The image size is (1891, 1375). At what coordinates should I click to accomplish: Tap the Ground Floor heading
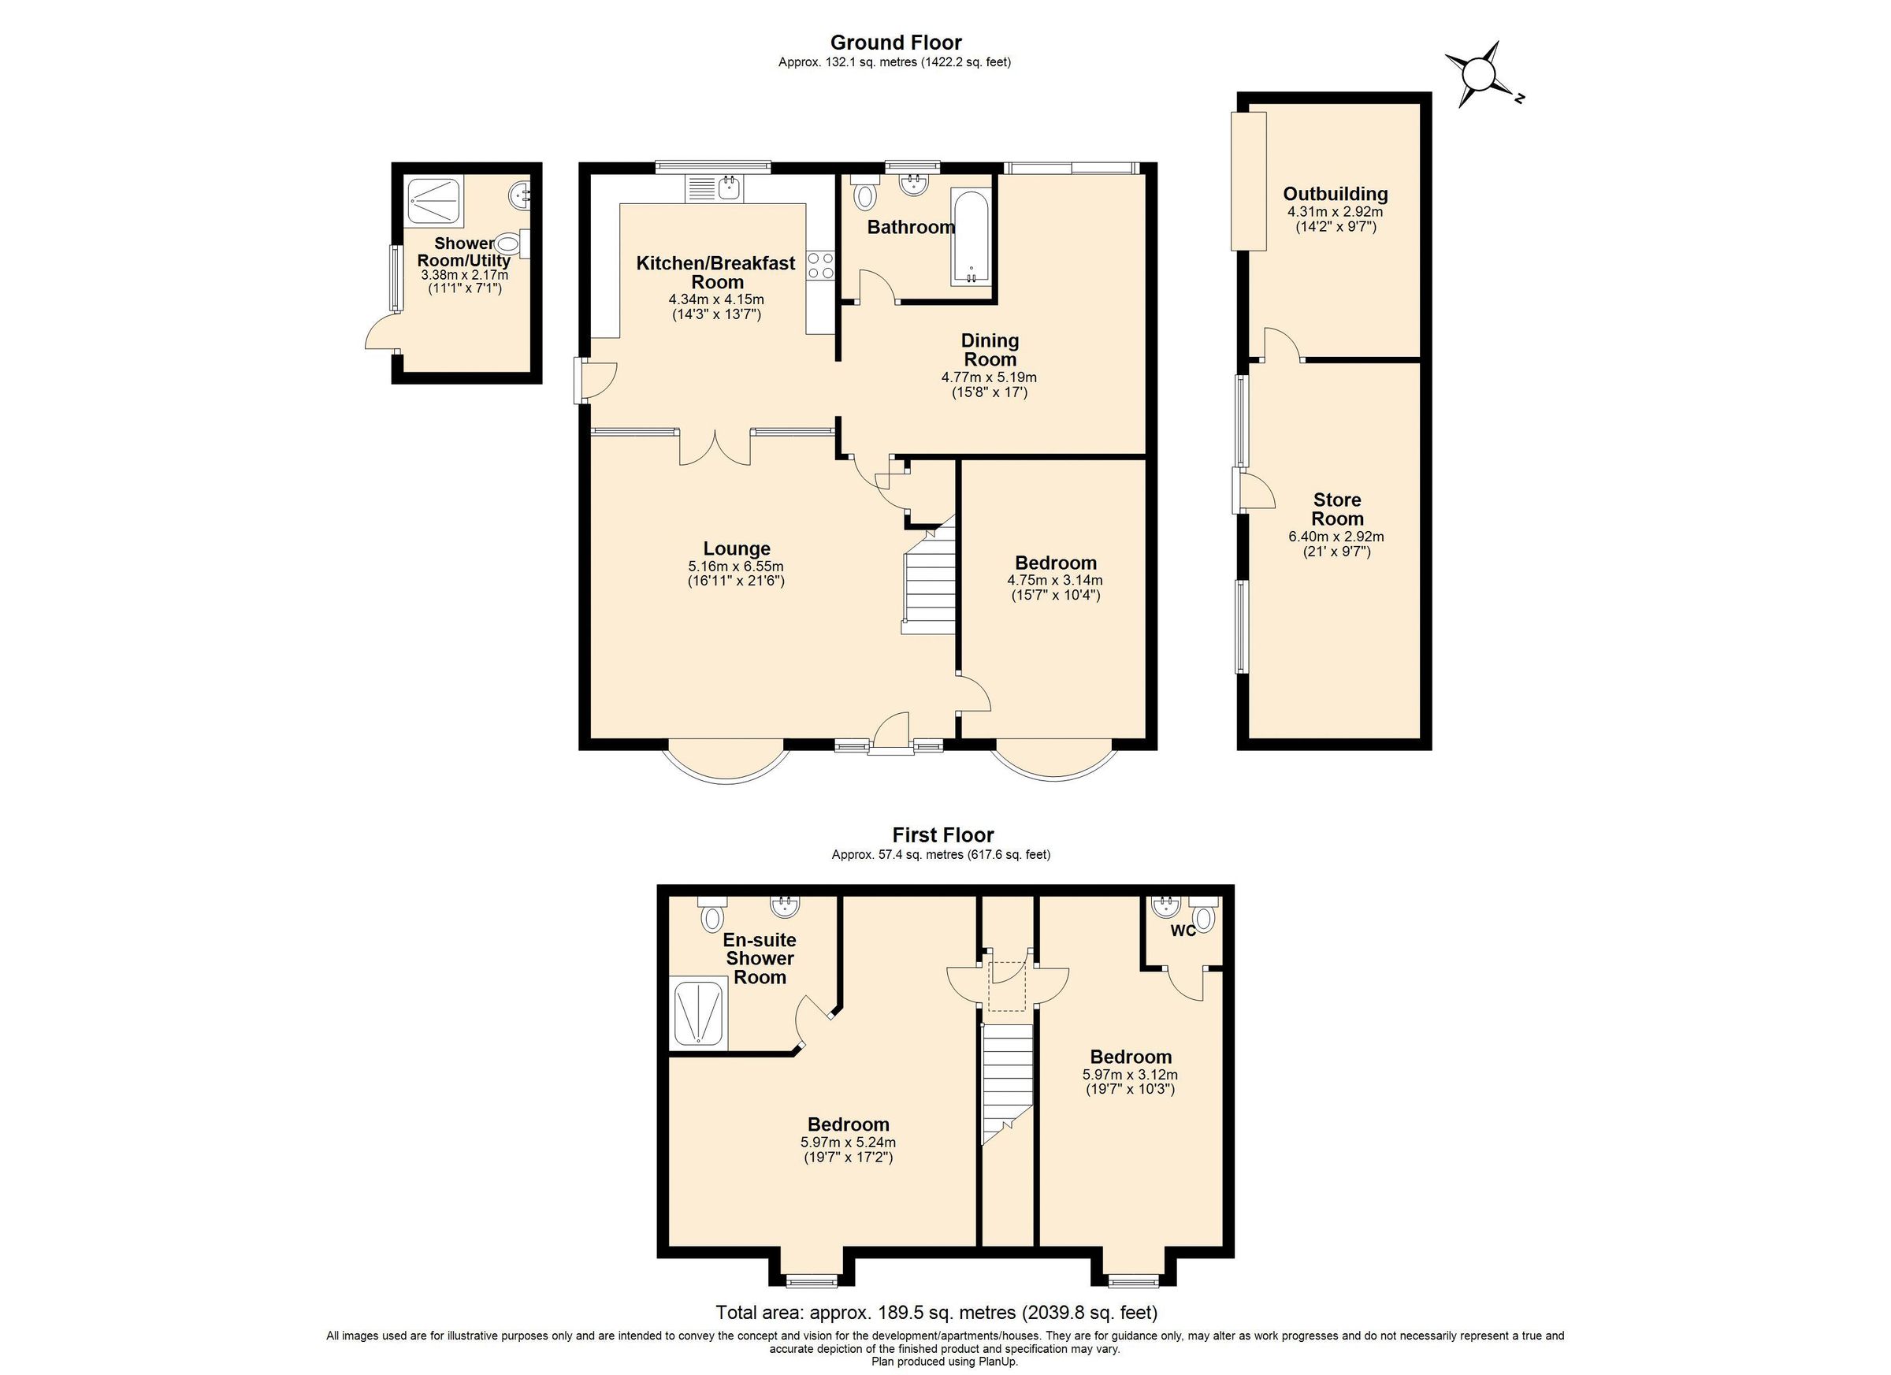click(x=896, y=43)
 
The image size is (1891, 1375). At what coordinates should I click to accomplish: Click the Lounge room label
click(x=736, y=548)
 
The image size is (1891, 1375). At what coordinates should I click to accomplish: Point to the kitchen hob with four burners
click(x=820, y=266)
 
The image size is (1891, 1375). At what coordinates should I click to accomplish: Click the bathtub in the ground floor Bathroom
click(x=972, y=238)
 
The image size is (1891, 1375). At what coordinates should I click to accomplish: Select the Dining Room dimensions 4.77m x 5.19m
click(x=989, y=377)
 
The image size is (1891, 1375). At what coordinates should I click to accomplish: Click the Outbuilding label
click(x=1335, y=195)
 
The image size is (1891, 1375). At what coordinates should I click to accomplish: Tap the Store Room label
click(x=1336, y=509)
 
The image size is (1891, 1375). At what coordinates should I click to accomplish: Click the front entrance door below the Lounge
click(x=890, y=734)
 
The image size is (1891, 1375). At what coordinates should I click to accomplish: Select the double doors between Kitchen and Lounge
click(x=715, y=448)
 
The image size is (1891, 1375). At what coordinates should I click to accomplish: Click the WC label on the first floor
click(x=1183, y=931)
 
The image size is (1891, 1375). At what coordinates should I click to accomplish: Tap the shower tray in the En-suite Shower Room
click(x=699, y=1014)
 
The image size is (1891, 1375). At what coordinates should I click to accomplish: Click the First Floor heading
click(x=942, y=834)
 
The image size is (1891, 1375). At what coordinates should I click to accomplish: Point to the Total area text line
click(x=936, y=1314)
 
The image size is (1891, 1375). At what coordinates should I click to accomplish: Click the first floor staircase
click(x=1007, y=1084)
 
